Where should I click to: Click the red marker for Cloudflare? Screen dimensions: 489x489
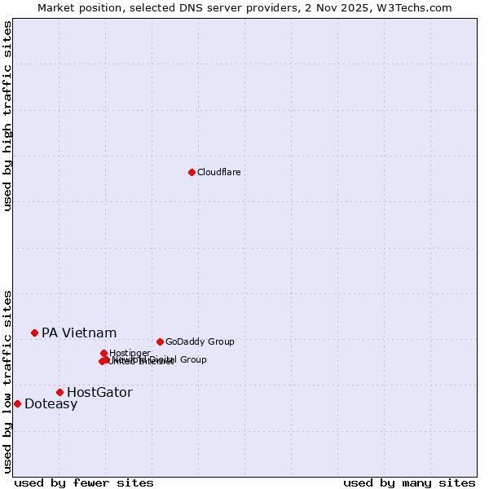pos(192,172)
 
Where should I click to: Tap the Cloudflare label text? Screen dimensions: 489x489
pos(218,172)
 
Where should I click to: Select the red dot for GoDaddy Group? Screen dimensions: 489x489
pos(160,341)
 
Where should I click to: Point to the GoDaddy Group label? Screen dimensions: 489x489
pos(200,341)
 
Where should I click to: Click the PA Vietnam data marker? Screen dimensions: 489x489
pos(34,333)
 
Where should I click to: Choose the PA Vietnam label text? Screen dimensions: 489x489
pos(79,333)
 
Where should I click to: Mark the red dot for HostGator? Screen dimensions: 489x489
pos(59,392)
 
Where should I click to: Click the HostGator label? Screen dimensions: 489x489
pos(99,392)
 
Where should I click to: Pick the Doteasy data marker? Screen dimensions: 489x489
pos(17,403)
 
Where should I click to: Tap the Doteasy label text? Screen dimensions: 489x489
pos(51,404)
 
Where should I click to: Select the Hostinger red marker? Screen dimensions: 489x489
pos(104,353)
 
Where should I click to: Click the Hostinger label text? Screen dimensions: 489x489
pos(130,353)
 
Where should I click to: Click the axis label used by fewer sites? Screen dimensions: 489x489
pos(84,482)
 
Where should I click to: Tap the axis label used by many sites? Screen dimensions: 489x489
pos(409,482)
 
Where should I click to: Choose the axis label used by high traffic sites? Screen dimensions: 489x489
pos(7,116)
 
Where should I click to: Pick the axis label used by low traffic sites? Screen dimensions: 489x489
pos(7,381)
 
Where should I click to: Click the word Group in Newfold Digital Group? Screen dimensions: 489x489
pos(192,359)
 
